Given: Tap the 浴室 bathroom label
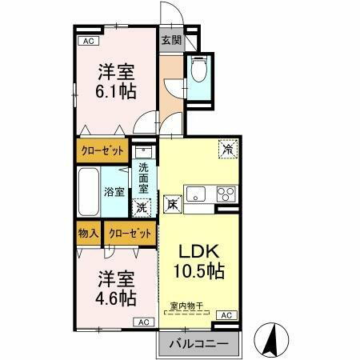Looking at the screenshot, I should click(114, 191).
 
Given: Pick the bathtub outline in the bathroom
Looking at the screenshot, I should click(90, 191).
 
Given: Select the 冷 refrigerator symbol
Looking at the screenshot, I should click(228, 149).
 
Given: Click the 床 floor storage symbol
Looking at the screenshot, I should click(172, 204).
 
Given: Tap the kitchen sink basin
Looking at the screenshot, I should click(197, 194).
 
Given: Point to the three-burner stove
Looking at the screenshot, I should click(226, 194).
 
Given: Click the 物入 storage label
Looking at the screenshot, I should click(88, 234).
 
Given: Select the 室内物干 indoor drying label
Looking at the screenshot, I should click(187, 305).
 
